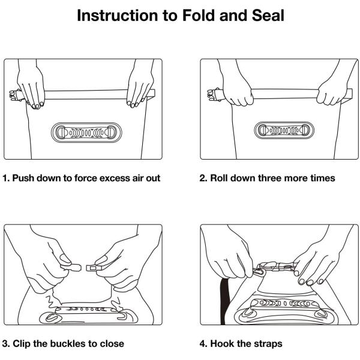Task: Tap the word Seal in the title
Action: click(x=268, y=16)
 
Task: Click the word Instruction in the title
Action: click(x=118, y=16)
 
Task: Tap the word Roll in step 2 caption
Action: click(x=219, y=178)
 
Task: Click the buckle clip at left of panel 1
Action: click(x=15, y=95)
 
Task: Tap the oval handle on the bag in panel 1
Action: click(x=86, y=133)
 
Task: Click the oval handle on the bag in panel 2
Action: click(x=284, y=130)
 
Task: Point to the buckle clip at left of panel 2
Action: click(x=214, y=94)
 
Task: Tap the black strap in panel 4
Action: click(x=225, y=301)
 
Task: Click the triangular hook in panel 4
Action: click(x=259, y=272)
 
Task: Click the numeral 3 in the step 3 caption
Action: click(x=5, y=344)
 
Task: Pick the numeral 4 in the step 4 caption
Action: click(x=203, y=344)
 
